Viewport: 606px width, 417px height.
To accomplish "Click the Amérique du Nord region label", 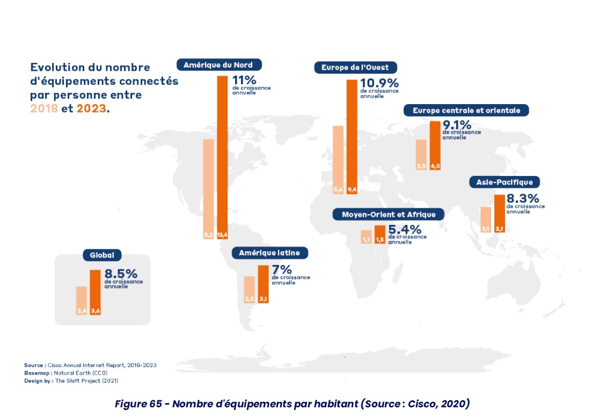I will pos(218,65).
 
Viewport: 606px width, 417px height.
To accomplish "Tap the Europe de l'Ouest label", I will pos(355,68).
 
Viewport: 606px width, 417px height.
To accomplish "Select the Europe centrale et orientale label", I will pos(466,111).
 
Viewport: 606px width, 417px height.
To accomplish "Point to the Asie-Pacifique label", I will pos(504,182).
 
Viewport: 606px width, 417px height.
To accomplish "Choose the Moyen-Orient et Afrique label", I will pos(388,215).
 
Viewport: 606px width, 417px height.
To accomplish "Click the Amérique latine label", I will pos(266,252).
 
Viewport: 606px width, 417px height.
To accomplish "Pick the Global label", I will pos(102,255).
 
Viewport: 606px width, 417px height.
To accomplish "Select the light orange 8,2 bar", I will pos(208,188).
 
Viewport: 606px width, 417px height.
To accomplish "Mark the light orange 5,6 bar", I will pos(338,158).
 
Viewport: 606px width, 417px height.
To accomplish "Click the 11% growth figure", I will pos(244,80).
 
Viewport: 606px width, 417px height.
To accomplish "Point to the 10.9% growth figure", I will pos(379,83).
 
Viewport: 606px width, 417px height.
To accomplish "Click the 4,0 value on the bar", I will pos(435,166).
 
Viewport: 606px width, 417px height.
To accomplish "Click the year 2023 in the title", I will pos(91,108).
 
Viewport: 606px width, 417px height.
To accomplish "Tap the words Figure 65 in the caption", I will pos(139,404).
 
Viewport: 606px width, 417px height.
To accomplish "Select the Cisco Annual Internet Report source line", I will pos(90,365).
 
